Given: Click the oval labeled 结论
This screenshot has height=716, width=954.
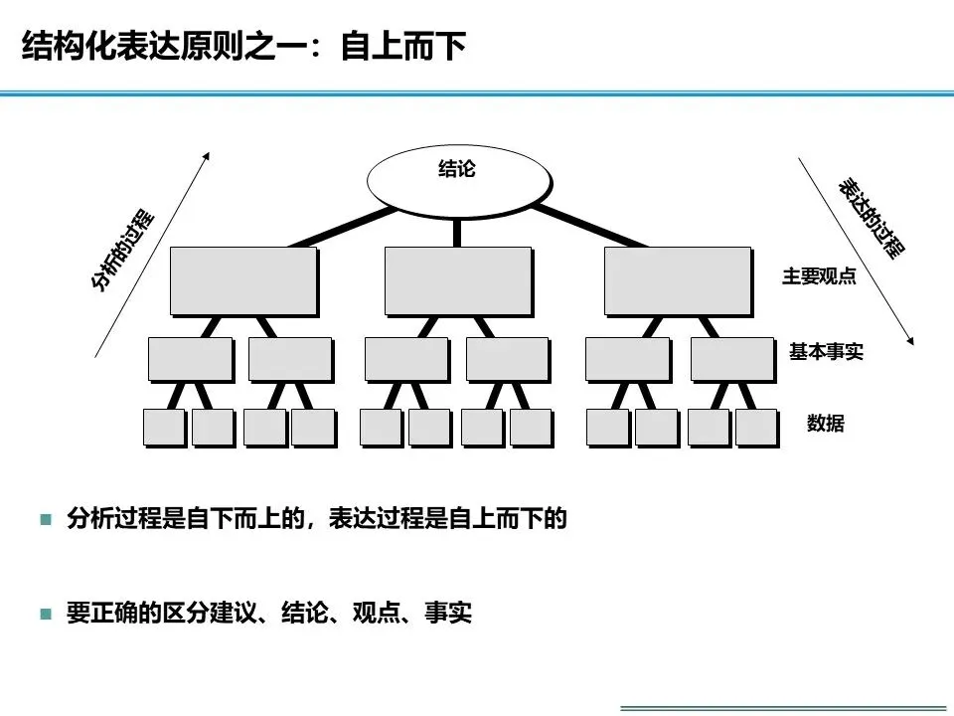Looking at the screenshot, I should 458,176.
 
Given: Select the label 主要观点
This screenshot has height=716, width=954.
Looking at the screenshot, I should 819,276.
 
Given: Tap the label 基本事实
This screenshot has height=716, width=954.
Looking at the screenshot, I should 826,351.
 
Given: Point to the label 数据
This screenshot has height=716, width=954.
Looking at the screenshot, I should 826,424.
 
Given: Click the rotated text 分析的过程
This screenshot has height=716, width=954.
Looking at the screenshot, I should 123,250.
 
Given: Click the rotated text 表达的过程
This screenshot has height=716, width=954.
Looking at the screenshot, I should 872,219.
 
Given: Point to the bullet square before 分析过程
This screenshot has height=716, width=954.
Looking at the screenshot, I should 45,519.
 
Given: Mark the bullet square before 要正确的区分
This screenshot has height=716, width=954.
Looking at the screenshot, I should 45,614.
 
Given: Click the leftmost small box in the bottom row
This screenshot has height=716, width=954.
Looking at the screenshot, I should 164,427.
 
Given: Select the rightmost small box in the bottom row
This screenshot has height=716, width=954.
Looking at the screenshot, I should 755,427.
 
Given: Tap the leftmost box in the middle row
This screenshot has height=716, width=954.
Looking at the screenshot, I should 190,358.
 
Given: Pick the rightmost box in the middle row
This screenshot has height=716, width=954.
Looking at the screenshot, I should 730,358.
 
